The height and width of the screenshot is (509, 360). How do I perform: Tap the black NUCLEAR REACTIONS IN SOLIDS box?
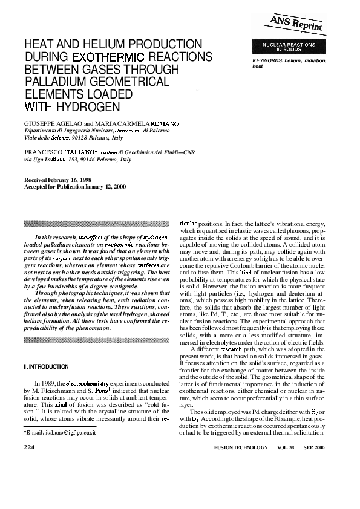pos(289,47)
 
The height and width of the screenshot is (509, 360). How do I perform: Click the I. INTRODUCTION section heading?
pos(46,366)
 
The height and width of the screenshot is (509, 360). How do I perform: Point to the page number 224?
pos(29,447)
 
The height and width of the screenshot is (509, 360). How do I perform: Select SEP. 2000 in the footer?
pos(325,448)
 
